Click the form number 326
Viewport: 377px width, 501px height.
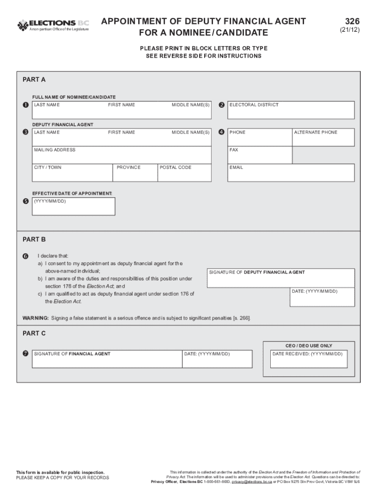pyautogui.click(x=352, y=21)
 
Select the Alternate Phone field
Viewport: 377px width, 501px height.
pyautogui.click(x=323, y=137)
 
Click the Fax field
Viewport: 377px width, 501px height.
pyautogui.click(x=259, y=155)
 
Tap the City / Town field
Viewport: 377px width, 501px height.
pyautogui.click(x=72, y=173)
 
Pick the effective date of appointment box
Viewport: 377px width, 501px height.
pyautogui.click(x=73, y=206)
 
